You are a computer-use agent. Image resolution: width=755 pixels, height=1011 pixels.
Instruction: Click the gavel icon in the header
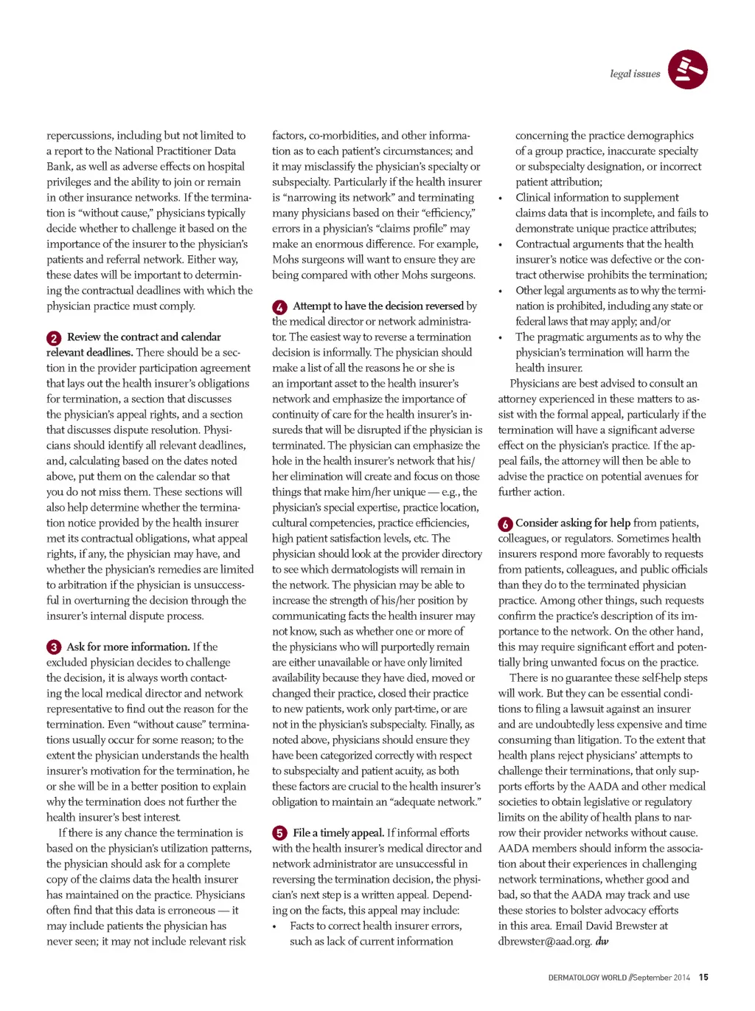point(687,69)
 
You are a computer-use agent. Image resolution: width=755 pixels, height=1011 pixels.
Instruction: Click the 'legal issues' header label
point(635,74)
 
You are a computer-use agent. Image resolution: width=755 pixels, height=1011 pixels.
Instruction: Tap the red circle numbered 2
point(54,338)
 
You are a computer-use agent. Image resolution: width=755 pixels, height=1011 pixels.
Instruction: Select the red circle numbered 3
point(54,647)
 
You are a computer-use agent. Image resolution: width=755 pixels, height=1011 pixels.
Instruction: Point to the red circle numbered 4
point(279,307)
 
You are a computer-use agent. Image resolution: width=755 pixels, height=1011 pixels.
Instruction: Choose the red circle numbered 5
point(279,833)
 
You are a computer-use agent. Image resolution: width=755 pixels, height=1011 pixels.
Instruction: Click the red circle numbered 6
point(505,524)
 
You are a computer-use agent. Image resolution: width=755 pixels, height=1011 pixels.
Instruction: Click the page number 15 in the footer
point(703,977)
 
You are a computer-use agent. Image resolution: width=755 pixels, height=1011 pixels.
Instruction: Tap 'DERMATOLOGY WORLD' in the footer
point(587,978)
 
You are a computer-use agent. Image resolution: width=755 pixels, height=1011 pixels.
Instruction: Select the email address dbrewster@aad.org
point(544,941)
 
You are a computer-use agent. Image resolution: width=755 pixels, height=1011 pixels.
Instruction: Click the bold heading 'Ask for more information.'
point(128,646)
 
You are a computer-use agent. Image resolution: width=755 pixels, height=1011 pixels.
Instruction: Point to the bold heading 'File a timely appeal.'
point(338,832)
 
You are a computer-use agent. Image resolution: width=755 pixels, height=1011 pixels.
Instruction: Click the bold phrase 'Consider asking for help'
point(573,522)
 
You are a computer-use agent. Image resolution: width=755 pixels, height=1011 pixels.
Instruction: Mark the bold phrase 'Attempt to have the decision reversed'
point(378,306)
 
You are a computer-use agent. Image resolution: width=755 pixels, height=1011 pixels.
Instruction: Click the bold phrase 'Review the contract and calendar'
point(144,337)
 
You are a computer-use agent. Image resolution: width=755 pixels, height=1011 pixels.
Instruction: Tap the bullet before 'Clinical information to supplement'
point(501,199)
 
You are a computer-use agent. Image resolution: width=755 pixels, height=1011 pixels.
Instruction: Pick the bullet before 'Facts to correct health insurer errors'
point(274,927)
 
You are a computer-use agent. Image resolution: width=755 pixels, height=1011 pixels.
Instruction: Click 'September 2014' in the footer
point(662,978)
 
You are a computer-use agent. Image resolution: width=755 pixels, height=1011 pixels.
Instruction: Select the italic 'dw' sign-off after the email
point(602,941)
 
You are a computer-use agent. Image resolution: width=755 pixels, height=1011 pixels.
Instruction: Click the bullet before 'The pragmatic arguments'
point(501,338)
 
